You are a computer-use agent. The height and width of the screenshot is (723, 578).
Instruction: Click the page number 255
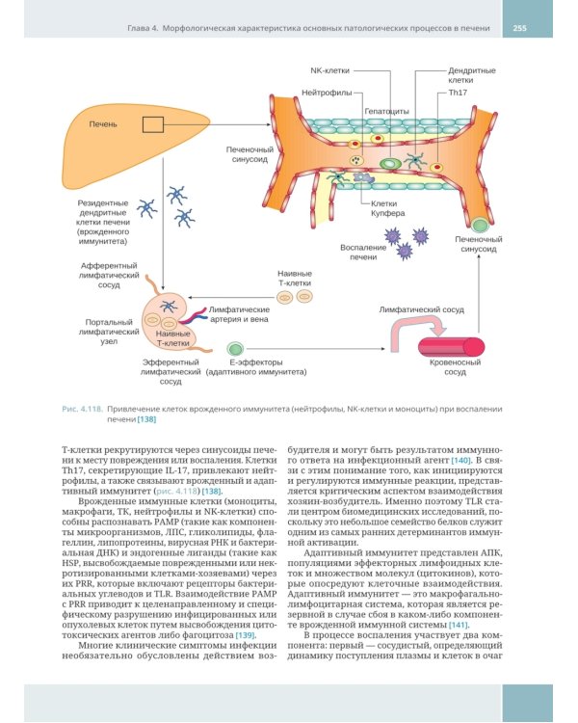(519, 28)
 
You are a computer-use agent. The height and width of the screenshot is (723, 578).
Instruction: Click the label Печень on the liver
(103, 124)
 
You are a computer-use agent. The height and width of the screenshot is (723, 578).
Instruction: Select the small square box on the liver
(152, 124)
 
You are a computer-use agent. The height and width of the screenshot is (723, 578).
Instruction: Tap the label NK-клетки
(329, 70)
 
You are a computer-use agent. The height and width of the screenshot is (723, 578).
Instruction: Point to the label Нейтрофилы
(327, 93)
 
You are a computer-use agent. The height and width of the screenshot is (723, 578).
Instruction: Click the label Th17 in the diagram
(458, 93)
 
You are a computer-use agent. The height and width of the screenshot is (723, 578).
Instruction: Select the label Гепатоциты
(386, 111)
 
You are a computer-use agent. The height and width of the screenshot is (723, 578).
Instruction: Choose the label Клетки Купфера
(387, 208)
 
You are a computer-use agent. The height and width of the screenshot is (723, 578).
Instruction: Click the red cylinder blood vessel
(451, 347)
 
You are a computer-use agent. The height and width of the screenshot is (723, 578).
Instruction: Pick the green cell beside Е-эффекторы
(235, 348)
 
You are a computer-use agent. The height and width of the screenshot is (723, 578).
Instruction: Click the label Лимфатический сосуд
(421, 309)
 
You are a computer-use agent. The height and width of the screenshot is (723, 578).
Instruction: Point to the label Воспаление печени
(363, 253)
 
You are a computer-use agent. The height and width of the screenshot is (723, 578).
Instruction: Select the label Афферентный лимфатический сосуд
(109, 276)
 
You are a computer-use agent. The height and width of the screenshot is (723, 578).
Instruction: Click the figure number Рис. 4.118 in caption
(82, 409)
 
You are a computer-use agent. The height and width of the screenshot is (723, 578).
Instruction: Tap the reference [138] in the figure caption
(146, 419)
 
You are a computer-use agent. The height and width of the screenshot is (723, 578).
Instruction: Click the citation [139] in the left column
(246, 635)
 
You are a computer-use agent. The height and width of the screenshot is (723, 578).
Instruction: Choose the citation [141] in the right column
(459, 625)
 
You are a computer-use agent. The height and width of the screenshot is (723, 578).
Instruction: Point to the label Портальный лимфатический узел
(109, 332)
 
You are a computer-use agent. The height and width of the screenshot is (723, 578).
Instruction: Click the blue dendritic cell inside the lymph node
(168, 306)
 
